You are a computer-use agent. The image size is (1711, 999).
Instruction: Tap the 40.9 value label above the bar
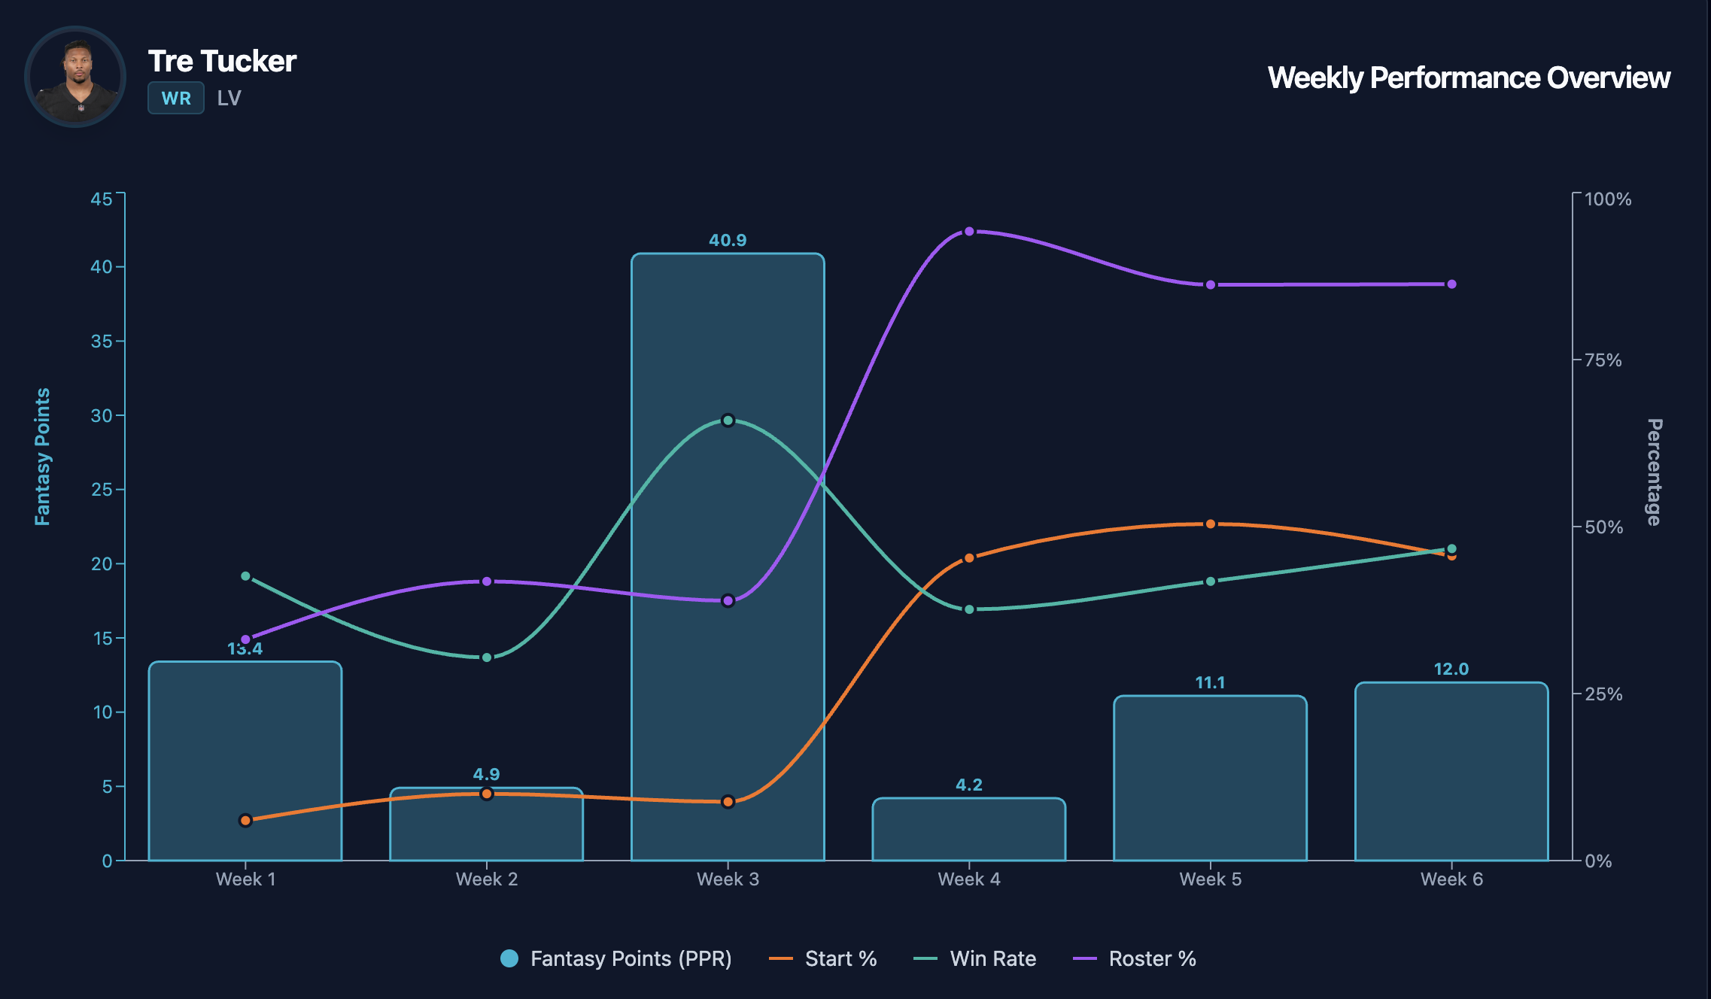(728, 240)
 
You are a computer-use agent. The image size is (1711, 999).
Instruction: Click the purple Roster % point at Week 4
(969, 232)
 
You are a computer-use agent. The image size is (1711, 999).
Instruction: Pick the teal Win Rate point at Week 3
(728, 421)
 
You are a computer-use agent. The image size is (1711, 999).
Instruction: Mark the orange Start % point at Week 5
(1210, 524)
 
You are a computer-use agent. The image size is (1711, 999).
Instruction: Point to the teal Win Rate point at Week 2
(487, 657)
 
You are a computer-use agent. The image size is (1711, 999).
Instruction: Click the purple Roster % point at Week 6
(1451, 284)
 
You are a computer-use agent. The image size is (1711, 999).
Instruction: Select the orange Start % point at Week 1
(245, 820)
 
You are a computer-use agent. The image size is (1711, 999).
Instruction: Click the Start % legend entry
(824, 958)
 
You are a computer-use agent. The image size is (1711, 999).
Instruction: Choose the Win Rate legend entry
(975, 958)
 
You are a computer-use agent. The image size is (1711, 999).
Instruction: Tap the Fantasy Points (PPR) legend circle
(509, 958)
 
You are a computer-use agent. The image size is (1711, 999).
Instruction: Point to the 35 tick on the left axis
(102, 342)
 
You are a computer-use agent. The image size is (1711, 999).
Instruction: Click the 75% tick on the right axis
(1603, 360)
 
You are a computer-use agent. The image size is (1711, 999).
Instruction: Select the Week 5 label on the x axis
(1210, 879)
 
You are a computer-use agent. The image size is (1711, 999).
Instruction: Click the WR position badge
(176, 99)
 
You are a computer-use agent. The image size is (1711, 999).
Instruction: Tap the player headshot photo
(75, 77)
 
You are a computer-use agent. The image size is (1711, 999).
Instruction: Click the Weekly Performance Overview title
(1468, 77)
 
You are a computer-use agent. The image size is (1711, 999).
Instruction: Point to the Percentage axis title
(1654, 472)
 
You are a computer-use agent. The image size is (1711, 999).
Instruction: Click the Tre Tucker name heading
(222, 61)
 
